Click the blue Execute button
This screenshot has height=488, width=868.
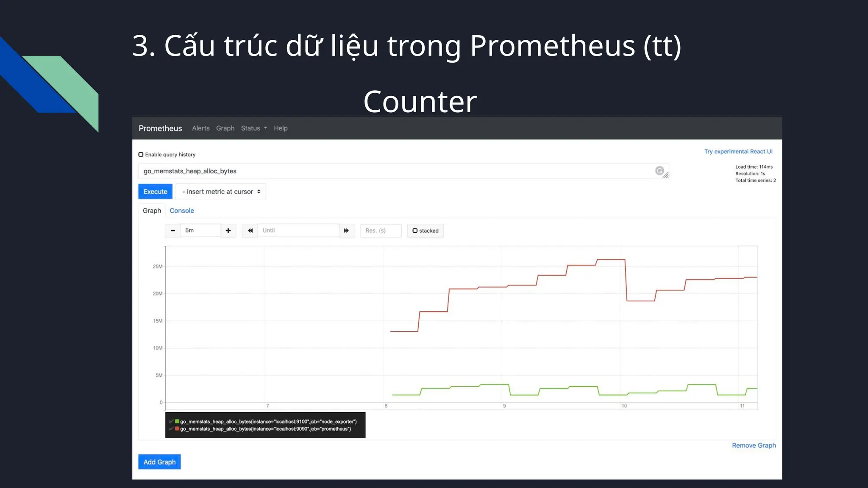155,191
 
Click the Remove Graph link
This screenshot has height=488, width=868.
754,445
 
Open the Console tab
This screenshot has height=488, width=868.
182,211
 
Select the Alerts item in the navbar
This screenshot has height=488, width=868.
200,128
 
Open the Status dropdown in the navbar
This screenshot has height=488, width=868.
253,128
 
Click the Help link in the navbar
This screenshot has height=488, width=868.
281,128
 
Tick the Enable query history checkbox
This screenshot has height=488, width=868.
141,155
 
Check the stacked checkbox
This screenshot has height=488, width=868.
415,230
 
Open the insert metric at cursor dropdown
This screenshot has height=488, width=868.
221,191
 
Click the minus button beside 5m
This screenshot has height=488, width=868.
172,230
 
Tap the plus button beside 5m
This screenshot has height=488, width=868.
228,230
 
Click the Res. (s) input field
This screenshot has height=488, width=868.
380,230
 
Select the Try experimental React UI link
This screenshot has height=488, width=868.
738,152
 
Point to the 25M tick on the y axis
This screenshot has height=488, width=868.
157,266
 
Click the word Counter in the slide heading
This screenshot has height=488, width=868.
420,102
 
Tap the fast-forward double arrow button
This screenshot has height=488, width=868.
346,230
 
